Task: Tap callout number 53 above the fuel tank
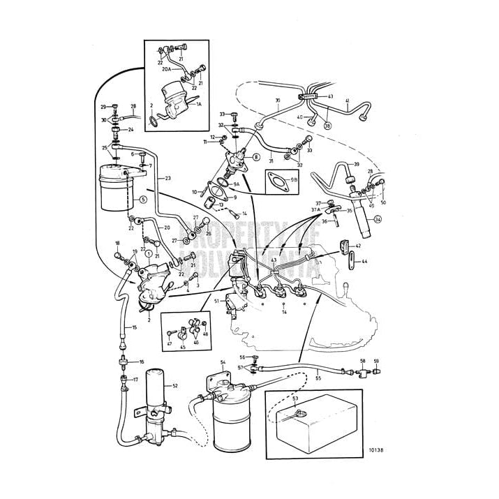(x=295, y=399)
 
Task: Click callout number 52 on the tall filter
(x=175, y=386)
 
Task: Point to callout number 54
(x=223, y=362)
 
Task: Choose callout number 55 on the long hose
(x=318, y=377)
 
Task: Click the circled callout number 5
(x=142, y=199)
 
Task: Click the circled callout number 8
(x=255, y=157)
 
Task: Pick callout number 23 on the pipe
(x=167, y=179)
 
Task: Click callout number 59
(x=376, y=362)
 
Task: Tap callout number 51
(x=217, y=301)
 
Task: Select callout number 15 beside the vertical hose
(x=134, y=327)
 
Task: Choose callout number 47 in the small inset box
(x=169, y=344)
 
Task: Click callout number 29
(x=103, y=107)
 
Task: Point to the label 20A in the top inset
(x=166, y=70)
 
